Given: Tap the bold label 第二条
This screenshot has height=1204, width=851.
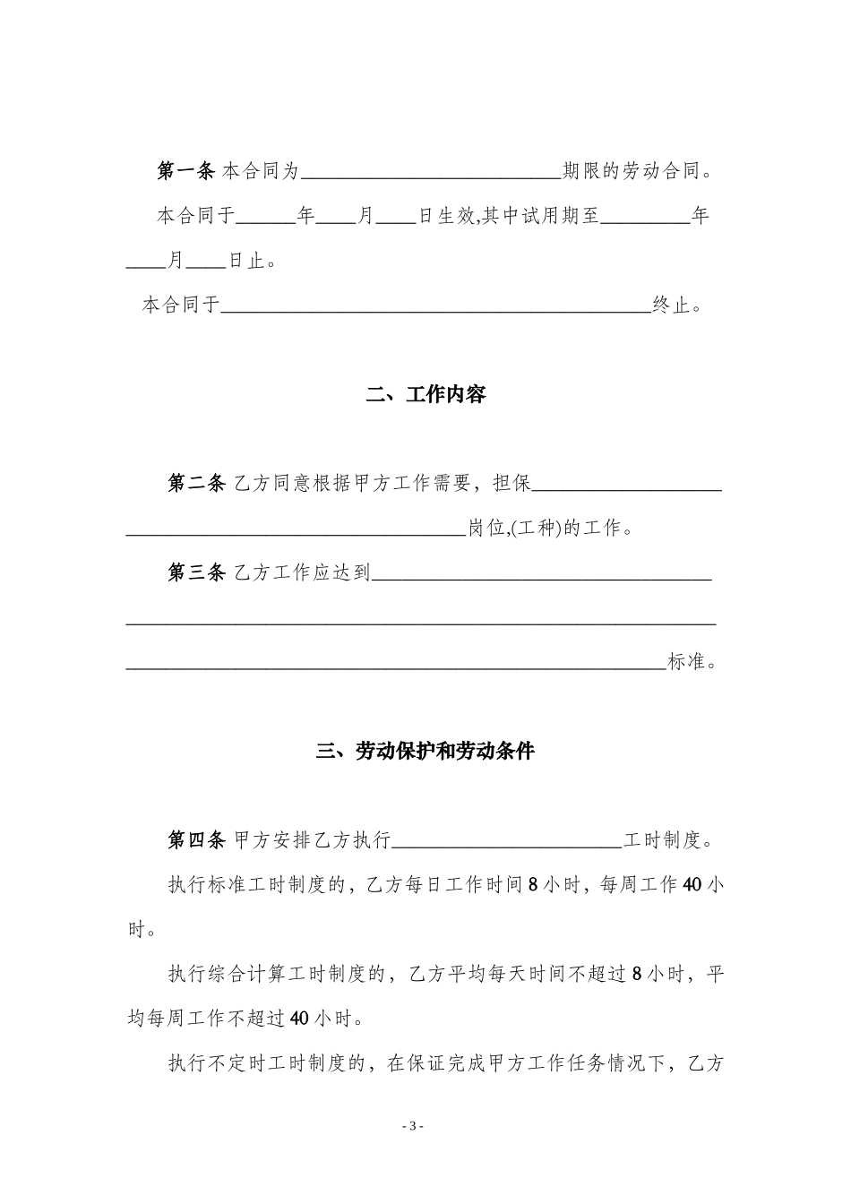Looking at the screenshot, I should click(x=196, y=484).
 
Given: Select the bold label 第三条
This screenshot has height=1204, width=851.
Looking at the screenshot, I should click(x=196, y=572).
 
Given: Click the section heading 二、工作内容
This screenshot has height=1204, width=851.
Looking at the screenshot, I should click(x=425, y=394).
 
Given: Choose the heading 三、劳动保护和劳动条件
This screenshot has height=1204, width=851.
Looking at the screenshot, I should click(x=425, y=751).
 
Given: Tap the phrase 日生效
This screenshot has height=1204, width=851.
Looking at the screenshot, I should click(x=447, y=216).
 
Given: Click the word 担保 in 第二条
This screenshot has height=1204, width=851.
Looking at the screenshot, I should click(x=512, y=484).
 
